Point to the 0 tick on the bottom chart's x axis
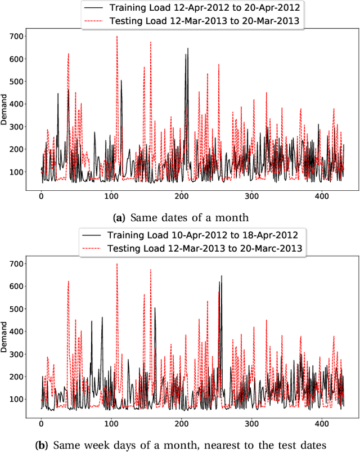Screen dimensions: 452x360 pos(41,423)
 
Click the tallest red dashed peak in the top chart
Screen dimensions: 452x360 pos(117,37)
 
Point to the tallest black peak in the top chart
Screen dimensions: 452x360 pos(188,49)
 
